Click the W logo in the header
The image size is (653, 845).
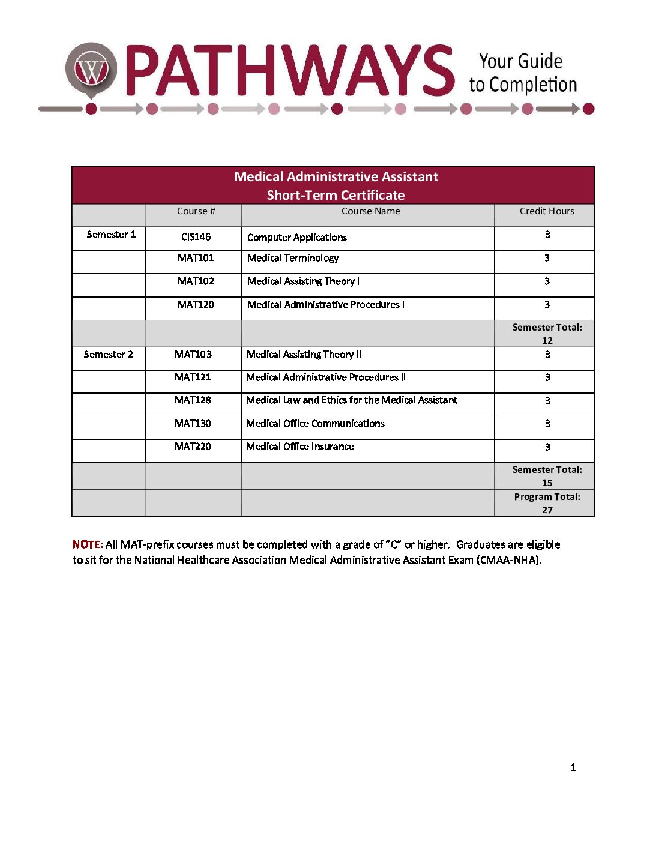pos(91,70)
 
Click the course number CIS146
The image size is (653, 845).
pos(196,237)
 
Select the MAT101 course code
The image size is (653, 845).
pos(196,258)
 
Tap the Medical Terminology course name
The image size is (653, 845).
pos(293,258)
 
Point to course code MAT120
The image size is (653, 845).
pos(196,305)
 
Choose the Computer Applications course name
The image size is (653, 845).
pos(297,238)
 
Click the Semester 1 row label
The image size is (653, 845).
pos(111,235)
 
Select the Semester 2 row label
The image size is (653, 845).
pos(108,355)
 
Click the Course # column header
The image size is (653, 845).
pos(196,211)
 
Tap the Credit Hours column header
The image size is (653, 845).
pos(547,211)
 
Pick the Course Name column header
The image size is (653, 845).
pos(370,211)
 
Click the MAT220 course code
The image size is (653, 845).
pos(193,447)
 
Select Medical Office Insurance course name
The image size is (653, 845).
pos(300,447)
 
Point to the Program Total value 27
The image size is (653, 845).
pos(547,510)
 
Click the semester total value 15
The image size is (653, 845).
pos(547,483)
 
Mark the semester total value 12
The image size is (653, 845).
pos(547,341)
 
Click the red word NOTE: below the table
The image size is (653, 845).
pos(88,545)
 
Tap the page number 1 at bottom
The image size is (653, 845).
pos(573,768)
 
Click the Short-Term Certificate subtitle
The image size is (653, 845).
pos(336,195)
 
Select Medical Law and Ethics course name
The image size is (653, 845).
pos(352,400)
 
